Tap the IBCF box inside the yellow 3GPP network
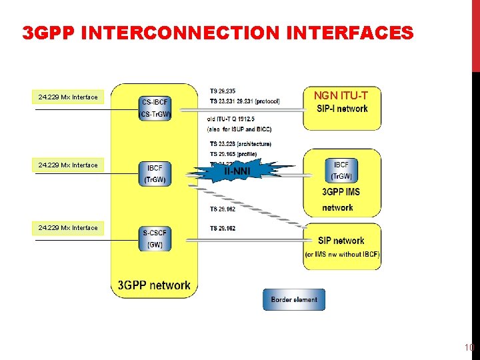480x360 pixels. tap(155, 173)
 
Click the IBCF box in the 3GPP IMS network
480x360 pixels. tap(341, 170)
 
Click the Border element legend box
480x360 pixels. tap(294, 299)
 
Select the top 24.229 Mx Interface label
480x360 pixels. tap(68, 97)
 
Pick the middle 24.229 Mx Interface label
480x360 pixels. tap(68, 165)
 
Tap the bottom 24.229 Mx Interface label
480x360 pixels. tap(68, 228)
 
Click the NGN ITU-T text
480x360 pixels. tap(341, 96)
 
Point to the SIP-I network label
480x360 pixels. tap(342, 109)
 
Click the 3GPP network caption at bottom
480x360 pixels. tap(154, 285)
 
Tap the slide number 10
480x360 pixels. tap(469, 347)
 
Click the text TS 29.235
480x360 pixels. tap(222, 91)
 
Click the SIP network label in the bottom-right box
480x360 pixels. tap(341, 241)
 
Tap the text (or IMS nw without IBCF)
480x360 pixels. tap(342, 255)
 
